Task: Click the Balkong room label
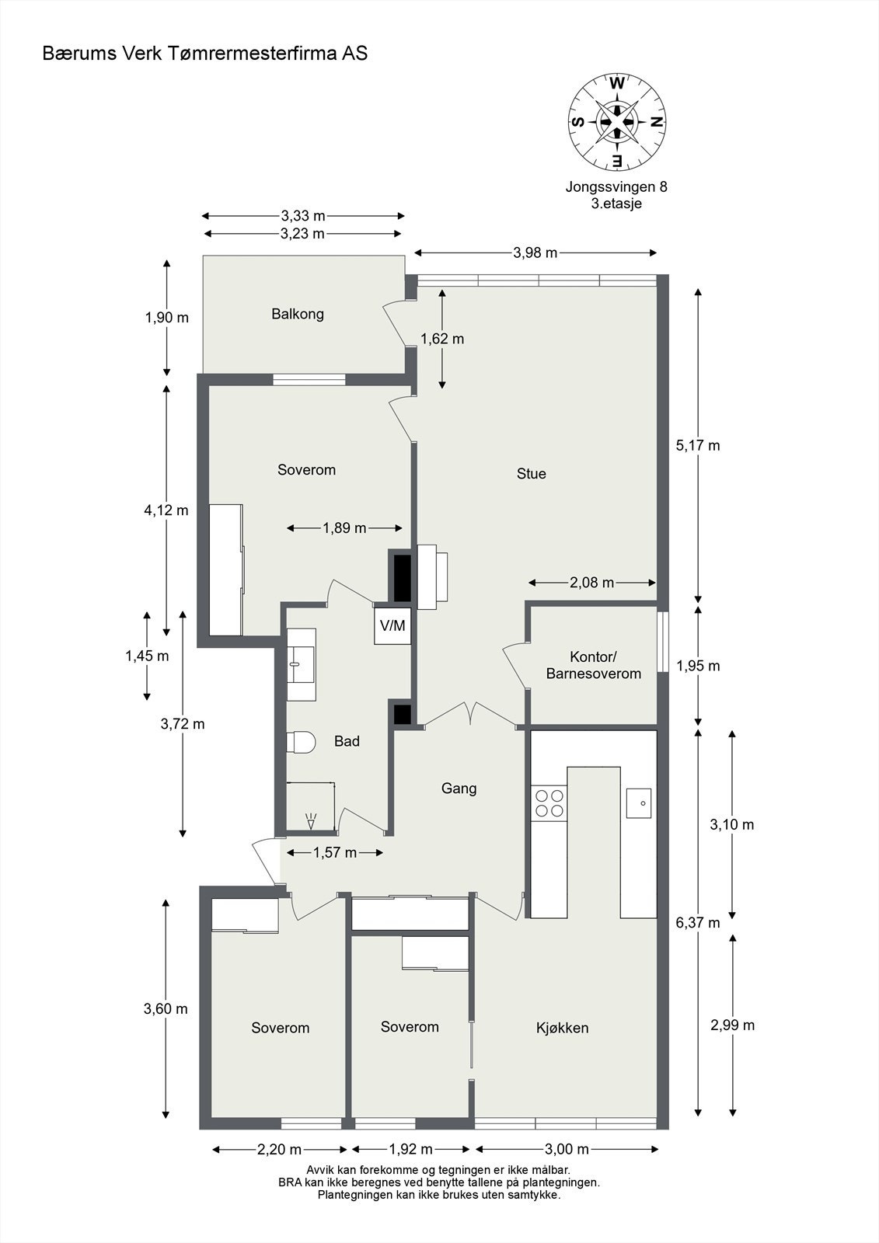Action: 298,314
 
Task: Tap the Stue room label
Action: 532,473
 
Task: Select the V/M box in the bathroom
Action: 392,625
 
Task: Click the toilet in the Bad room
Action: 301,742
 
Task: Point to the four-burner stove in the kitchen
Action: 549,803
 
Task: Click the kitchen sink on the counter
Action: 639,803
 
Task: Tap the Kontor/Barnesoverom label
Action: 593,666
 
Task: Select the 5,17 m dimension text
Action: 698,445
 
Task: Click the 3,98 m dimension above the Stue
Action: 535,252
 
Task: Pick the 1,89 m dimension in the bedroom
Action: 344,528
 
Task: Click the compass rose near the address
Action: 617,121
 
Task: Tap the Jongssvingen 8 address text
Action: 616,186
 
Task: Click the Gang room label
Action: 459,788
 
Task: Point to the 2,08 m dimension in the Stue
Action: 592,583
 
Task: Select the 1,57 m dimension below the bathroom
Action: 335,853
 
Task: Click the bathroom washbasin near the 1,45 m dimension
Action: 302,654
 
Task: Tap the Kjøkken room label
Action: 562,1028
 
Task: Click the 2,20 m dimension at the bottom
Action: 280,1149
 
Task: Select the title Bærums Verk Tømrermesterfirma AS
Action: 205,53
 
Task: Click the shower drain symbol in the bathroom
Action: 312,819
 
